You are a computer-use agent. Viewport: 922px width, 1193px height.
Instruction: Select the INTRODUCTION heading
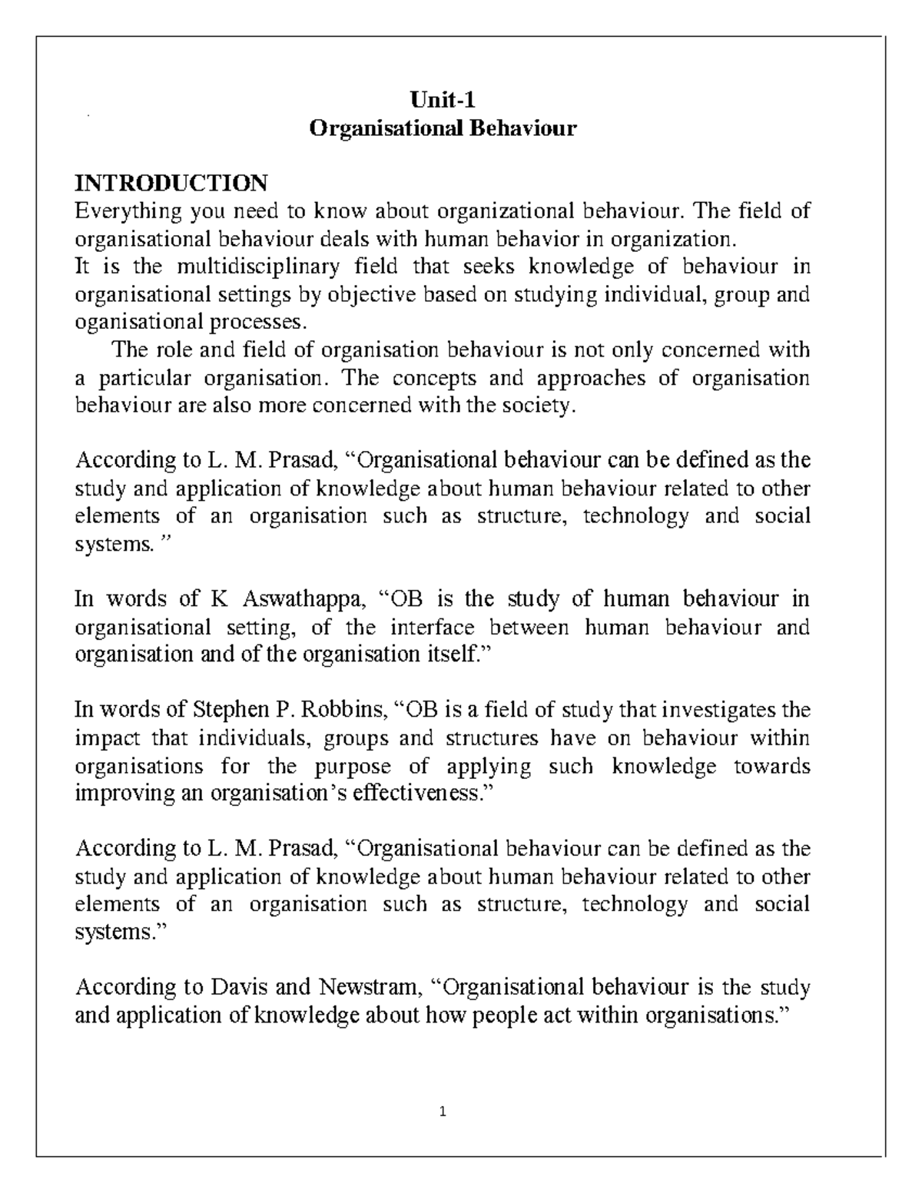coord(171,183)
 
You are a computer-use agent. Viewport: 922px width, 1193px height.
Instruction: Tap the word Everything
coord(128,211)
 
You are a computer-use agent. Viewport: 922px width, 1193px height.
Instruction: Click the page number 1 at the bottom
coord(444,1111)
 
